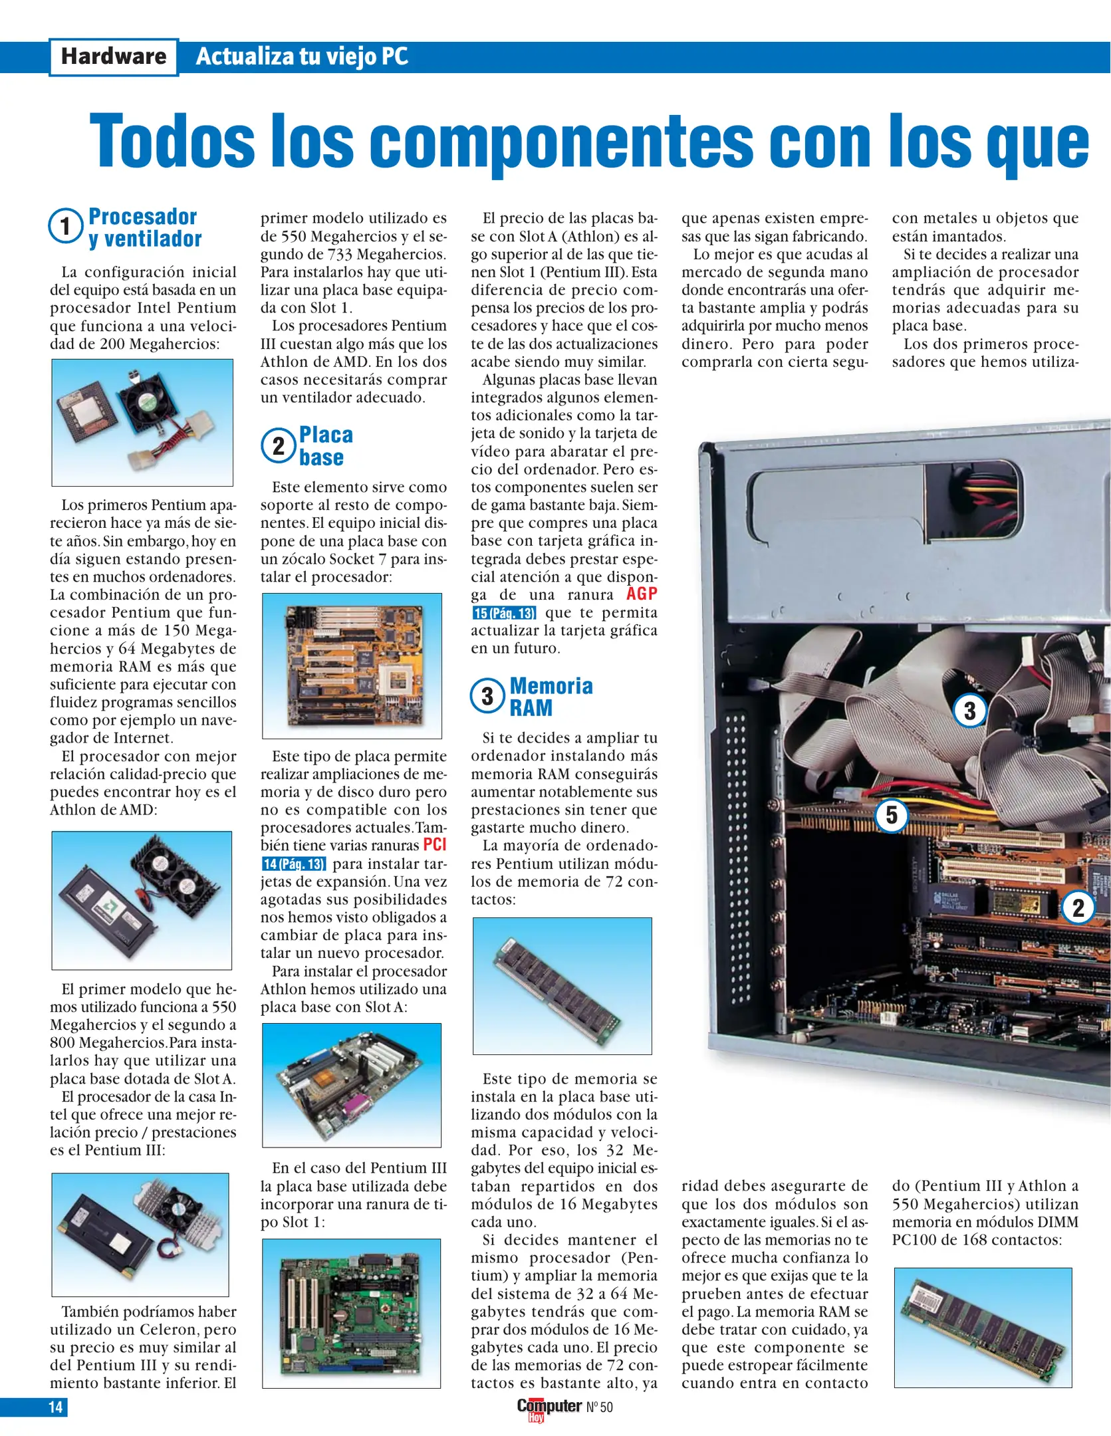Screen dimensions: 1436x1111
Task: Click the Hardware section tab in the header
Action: coord(114,57)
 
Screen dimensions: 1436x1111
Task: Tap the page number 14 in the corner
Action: coord(55,1406)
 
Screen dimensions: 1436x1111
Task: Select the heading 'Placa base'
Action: coord(325,446)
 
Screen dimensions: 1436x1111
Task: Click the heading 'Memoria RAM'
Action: coord(551,696)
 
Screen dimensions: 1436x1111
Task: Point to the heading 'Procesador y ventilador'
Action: coord(144,227)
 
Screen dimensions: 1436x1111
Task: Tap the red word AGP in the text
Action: coord(642,594)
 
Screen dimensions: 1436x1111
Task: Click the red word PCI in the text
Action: coord(435,844)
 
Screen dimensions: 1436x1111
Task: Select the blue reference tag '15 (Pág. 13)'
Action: coord(504,613)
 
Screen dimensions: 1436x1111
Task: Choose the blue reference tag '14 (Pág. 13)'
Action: coord(294,864)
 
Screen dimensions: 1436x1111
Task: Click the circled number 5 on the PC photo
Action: coord(892,815)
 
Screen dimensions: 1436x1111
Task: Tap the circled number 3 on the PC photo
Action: coord(969,711)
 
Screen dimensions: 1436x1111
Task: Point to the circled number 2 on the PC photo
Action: coord(1078,907)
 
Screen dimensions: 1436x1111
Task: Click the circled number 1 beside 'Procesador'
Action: coord(65,226)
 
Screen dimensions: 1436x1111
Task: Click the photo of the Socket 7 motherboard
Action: coord(352,665)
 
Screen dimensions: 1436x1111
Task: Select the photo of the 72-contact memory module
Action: coord(562,985)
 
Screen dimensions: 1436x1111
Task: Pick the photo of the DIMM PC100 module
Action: coord(983,1328)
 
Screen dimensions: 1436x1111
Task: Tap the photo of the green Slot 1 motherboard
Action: coord(351,1313)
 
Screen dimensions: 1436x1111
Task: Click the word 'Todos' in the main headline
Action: coord(172,141)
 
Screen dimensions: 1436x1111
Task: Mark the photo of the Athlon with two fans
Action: coord(142,900)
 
